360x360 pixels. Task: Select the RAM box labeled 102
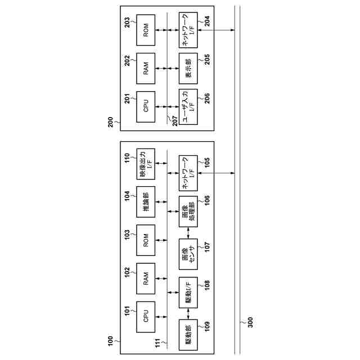tap(146, 278)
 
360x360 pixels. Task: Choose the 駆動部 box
tap(187, 335)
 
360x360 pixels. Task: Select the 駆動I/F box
tap(187, 292)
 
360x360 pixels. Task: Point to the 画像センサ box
tap(187, 253)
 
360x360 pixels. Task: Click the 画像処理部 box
tap(187, 212)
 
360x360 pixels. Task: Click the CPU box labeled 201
tap(146, 106)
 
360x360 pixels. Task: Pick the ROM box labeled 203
tap(146, 33)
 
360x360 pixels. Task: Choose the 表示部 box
tap(187, 68)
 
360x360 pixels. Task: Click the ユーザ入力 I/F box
tap(187, 106)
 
